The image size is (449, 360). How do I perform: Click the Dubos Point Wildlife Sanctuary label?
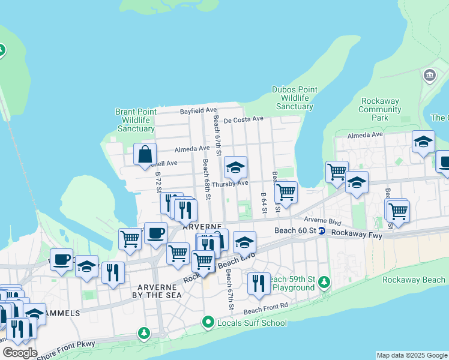tap(293, 98)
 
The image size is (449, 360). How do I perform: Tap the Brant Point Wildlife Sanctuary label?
tap(136, 120)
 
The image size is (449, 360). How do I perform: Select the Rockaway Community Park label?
tap(379, 109)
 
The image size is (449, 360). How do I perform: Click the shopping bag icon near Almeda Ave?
tap(145, 154)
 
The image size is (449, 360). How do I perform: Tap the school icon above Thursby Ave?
tap(236, 167)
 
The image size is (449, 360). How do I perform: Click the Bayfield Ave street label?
tap(199, 110)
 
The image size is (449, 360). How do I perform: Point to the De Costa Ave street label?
tap(244, 119)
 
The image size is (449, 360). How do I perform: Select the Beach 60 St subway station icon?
tap(322, 231)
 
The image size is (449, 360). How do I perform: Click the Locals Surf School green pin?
tap(208, 323)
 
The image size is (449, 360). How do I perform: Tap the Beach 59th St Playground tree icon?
tap(324, 281)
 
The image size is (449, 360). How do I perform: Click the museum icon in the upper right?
tap(430, 75)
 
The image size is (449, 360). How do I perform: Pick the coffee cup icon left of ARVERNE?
tap(155, 233)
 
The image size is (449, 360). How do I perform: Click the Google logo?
tap(20, 353)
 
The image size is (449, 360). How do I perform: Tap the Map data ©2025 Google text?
tap(411, 355)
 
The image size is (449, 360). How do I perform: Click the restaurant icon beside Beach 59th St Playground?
tap(259, 283)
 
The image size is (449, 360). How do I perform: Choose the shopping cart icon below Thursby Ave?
tap(286, 193)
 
